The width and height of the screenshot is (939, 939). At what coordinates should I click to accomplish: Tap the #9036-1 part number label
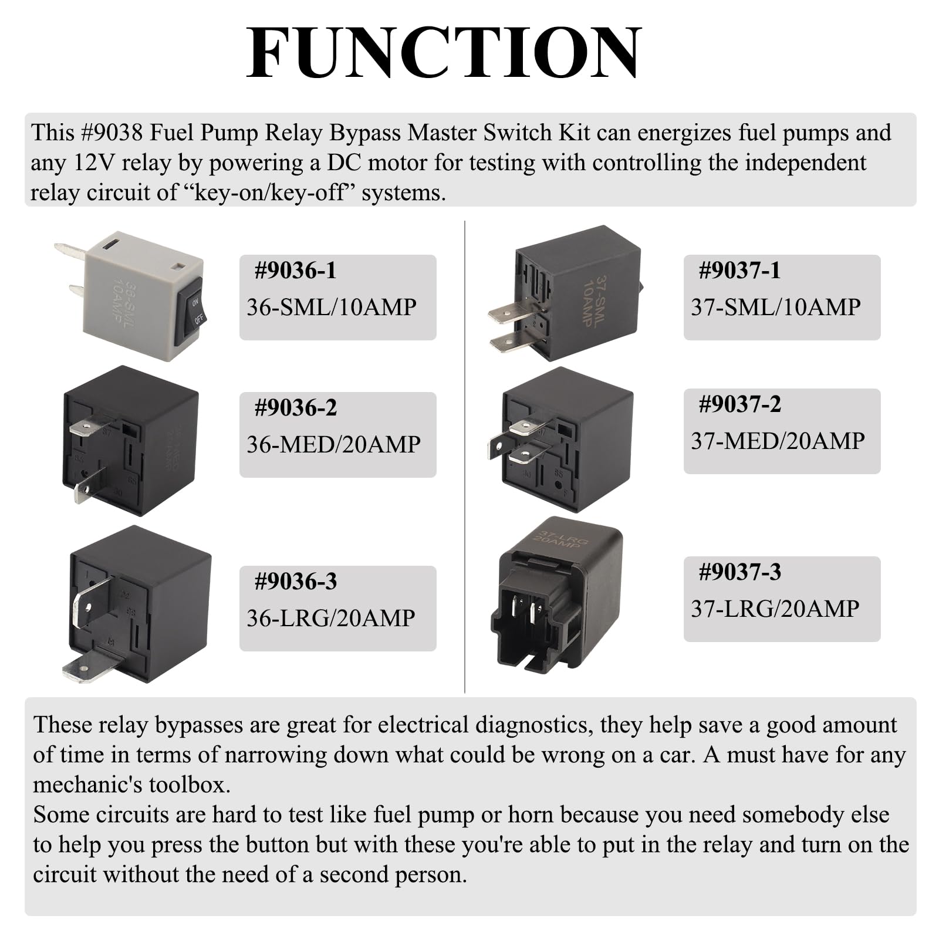click(x=296, y=270)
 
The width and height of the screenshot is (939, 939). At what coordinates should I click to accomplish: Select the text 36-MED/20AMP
click(x=333, y=444)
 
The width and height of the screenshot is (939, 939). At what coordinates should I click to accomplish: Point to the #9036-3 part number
click(x=296, y=581)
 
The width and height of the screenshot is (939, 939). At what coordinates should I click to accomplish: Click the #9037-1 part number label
click(x=740, y=270)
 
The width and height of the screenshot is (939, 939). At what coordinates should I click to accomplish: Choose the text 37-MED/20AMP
click(x=778, y=441)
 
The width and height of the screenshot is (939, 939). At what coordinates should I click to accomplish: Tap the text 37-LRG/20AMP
click(x=775, y=609)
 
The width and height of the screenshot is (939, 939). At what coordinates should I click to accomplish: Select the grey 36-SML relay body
click(x=138, y=296)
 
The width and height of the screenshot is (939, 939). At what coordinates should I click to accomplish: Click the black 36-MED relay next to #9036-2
click(x=130, y=440)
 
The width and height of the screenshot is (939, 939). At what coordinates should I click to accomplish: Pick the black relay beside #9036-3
click(x=138, y=604)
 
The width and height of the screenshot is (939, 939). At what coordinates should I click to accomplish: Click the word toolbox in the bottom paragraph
click(x=189, y=785)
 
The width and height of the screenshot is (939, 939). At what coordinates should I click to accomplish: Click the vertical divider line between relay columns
click(x=465, y=457)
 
